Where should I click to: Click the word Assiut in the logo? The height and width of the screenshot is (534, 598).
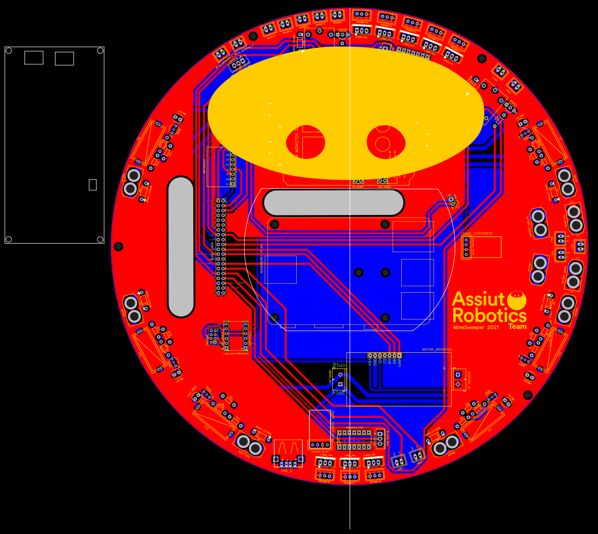(478, 299)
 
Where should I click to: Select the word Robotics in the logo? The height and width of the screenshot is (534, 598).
(489, 315)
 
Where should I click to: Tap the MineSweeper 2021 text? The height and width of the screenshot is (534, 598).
(476, 328)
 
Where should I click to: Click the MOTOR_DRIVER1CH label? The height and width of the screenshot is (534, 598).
(437, 349)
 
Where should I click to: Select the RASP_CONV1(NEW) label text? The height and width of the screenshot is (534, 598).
(477, 234)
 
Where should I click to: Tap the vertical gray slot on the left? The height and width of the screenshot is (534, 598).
(181, 247)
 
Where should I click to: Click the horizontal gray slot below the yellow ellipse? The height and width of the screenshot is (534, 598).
(334, 202)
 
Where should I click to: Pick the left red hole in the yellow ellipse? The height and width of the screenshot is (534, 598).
(306, 142)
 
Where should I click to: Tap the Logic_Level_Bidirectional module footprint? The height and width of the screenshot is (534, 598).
(236, 336)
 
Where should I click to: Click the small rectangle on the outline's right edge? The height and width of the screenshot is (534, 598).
(92, 185)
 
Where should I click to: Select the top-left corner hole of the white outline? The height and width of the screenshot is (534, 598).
(9, 50)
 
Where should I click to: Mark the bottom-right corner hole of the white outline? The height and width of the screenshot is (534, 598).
(100, 239)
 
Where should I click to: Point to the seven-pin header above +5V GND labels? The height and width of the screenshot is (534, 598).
(385, 356)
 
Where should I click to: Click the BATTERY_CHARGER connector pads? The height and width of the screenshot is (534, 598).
(538, 223)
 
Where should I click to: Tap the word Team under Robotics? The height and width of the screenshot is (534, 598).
(517, 327)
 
